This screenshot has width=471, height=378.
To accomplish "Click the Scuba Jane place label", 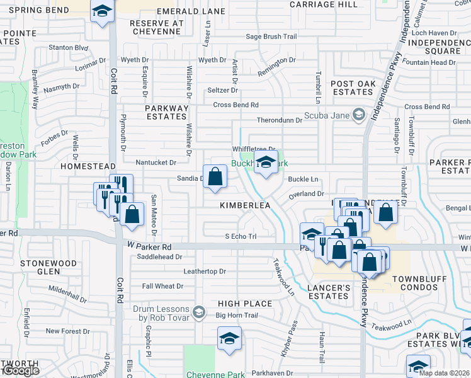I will (x=326, y=115).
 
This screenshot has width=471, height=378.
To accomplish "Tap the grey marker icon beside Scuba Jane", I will (x=358, y=114).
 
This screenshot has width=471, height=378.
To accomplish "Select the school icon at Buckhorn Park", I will (x=266, y=163).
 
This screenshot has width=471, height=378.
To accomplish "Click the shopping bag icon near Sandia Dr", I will (x=215, y=176).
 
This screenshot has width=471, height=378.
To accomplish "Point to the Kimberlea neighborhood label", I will (x=245, y=206).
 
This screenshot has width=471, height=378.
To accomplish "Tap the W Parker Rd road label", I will (x=149, y=247).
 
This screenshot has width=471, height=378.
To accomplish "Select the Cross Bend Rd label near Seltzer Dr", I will (x=235, y=105).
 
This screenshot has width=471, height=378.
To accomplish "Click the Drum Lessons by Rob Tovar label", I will (x=162, y=313).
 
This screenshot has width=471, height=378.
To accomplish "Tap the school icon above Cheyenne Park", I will (x=229, y=339).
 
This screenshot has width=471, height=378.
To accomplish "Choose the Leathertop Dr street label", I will (x=204, y=271).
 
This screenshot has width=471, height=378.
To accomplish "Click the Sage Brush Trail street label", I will (x=271, y=37).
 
